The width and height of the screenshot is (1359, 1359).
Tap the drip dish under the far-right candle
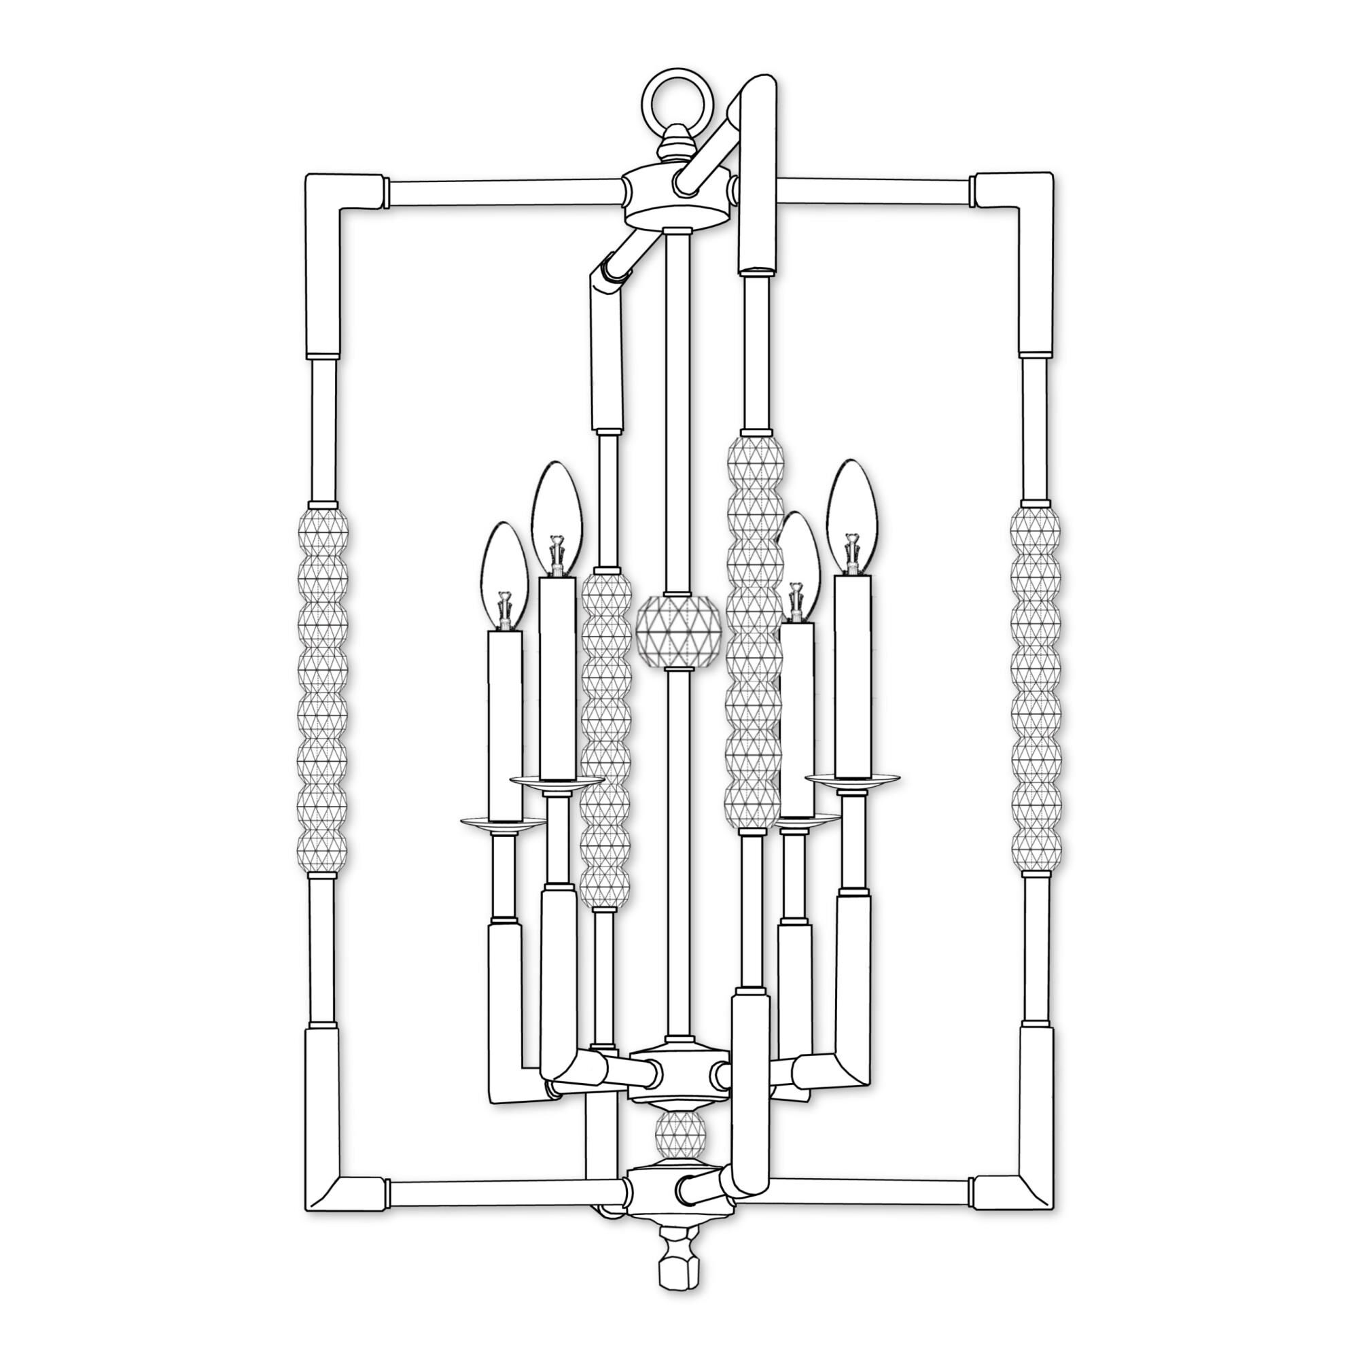click(853, 778)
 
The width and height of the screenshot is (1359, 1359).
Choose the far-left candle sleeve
click(504, 724)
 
